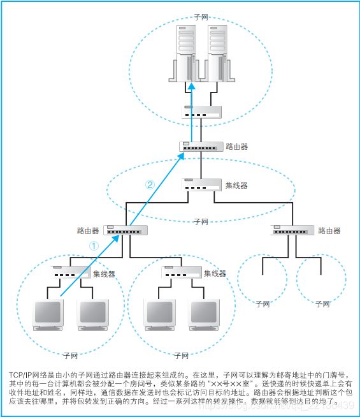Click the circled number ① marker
click(x=93, y=245)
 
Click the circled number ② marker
click(x=150, y=186)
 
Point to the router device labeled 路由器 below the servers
click(x=201, y=147)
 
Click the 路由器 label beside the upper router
click(x=236, y=147)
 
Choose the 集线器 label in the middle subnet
click(x=236, y=186)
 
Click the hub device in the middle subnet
click(x=201, y=185)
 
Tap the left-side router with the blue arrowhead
click(x=126, y=230)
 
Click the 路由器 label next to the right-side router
click(x=329, y=231)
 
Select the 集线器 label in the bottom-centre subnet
click(x=215, y=274)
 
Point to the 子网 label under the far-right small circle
click(x=323, y=305)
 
